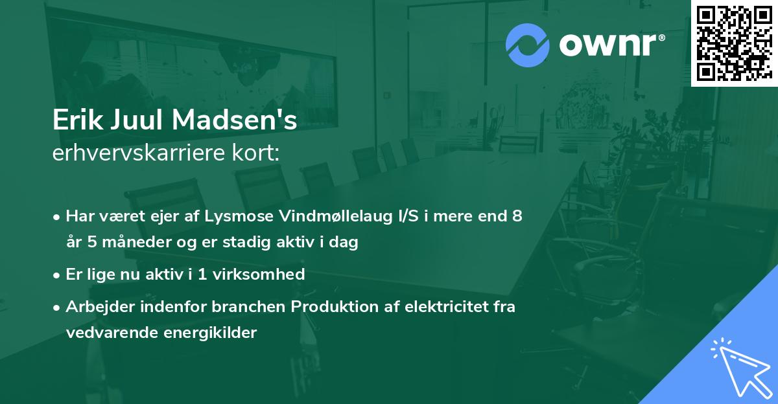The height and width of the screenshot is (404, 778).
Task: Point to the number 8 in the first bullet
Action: [x=517, y=216]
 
